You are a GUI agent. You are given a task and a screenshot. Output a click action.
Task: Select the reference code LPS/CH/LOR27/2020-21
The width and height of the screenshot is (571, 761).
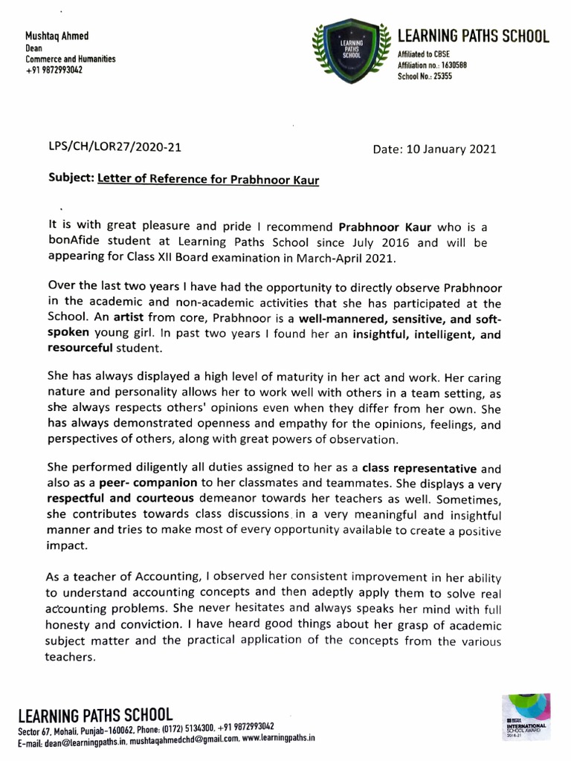[114, 146]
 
